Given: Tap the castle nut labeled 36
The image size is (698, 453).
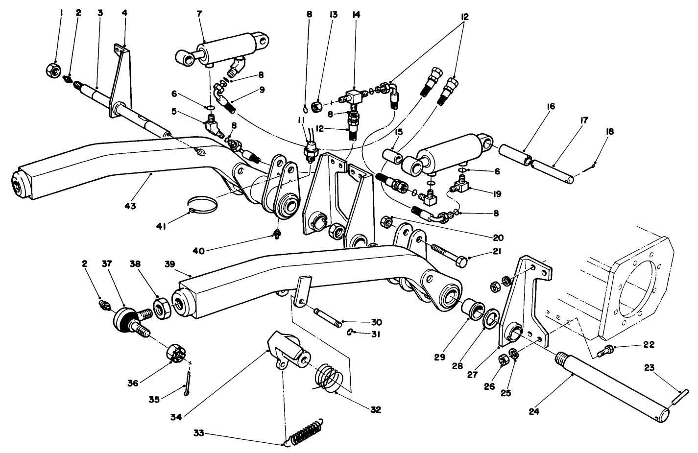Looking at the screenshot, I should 176,354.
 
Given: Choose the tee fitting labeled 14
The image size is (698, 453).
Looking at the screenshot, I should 354,95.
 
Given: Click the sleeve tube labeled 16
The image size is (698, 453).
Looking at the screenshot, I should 515,155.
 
